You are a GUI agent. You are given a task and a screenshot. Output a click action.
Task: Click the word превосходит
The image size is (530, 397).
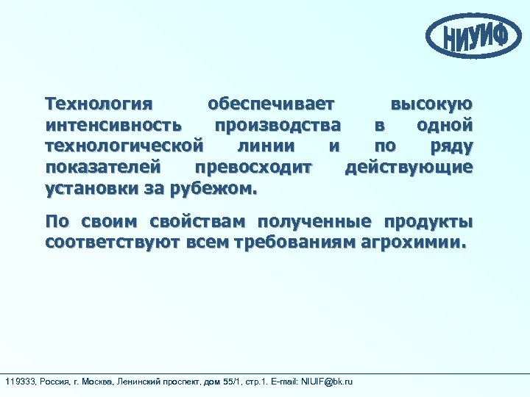click(x=254, y=167)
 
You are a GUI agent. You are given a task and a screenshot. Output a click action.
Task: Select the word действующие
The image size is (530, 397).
click(x=409, y=167)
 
